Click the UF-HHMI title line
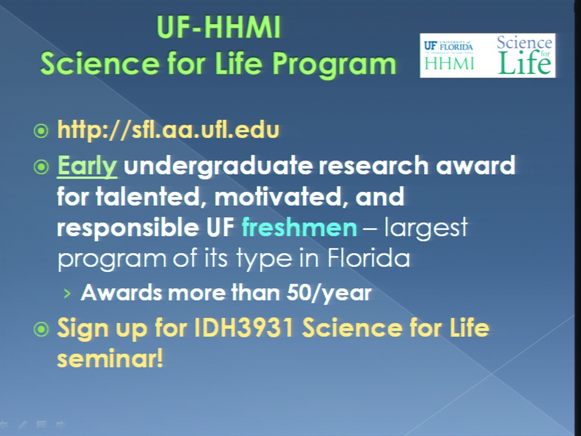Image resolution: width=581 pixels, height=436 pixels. coord(218,27)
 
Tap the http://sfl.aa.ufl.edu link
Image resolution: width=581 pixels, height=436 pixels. coord(168,130)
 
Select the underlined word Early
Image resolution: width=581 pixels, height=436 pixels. coord(87,166)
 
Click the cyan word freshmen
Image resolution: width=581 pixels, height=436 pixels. coord(300,227)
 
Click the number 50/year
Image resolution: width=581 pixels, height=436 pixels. coord(329,293)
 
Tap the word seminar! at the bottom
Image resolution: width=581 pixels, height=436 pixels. coord(110,358)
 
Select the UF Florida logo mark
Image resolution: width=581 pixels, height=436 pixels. coord(448,46)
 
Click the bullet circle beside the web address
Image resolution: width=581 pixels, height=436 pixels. coord(41,131)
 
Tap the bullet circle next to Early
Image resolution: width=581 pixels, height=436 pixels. coord(41,167)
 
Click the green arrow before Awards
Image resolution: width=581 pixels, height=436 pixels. coord(67,294)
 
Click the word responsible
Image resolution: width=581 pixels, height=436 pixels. coord(128,227)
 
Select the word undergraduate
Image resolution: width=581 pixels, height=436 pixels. coord(218,166)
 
